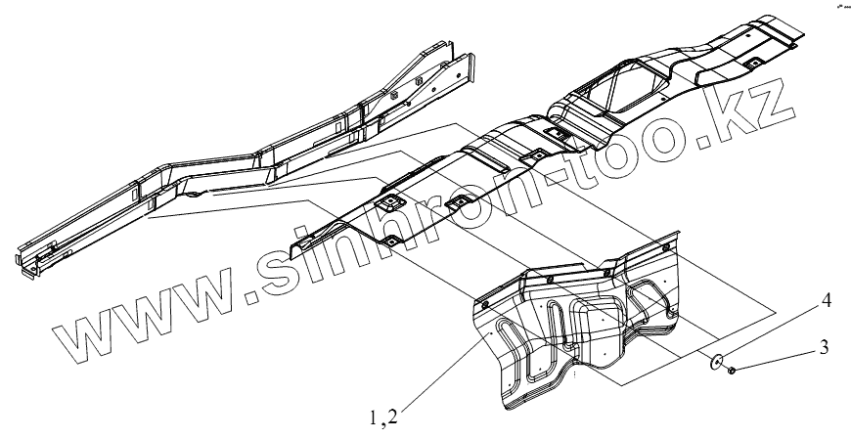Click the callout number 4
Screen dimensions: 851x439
click(x=826, y=302)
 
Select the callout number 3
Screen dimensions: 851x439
click(x=825, y=345)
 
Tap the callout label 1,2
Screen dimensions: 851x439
click(x=383, y=417)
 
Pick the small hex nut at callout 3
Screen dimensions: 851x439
click(x=733, y=370)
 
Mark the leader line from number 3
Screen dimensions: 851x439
click(x=777, y=358)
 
